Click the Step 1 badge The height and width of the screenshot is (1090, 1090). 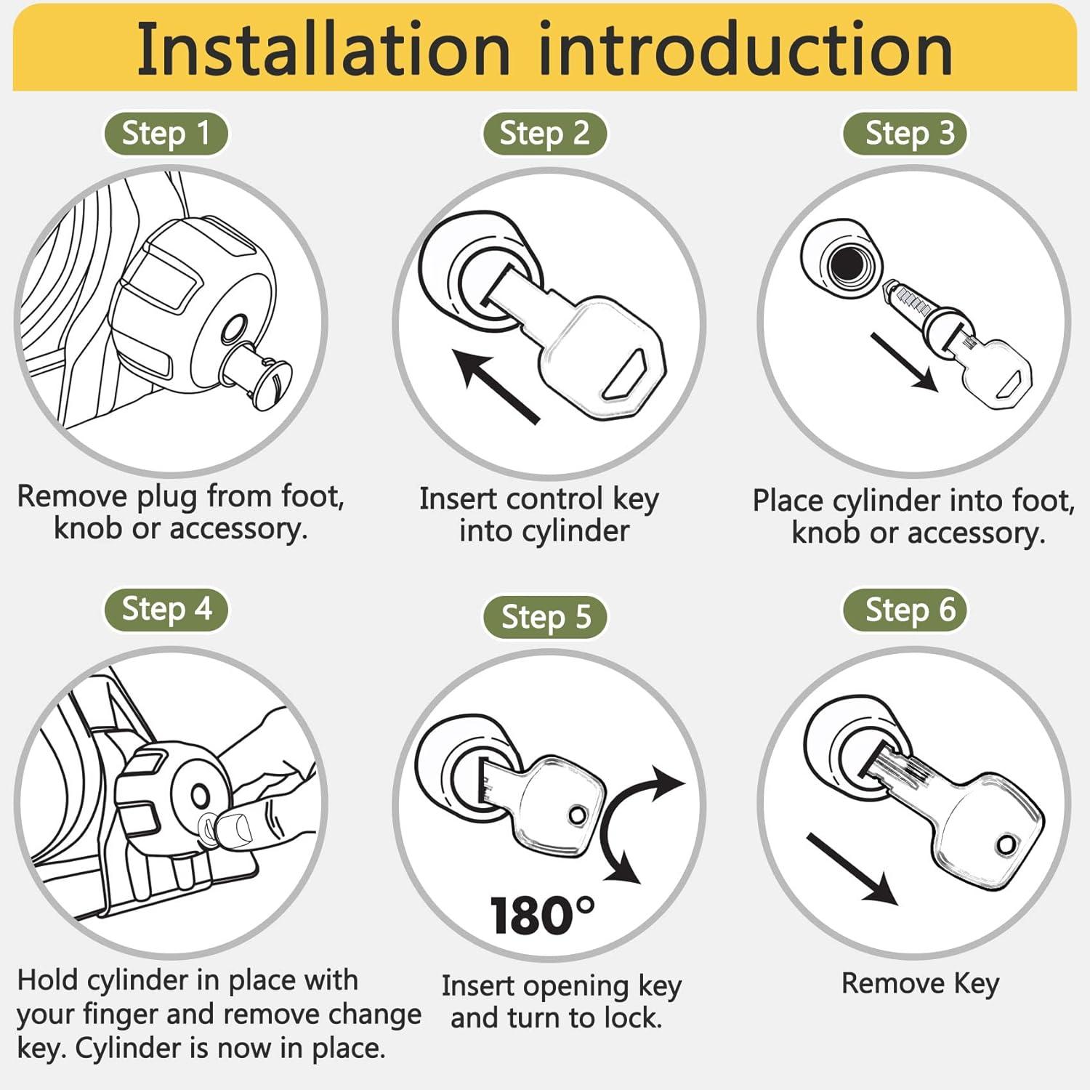[x=166, y=134]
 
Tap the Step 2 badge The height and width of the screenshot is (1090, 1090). [x=544, y=134]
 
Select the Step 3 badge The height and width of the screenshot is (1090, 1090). [x=905, y=134]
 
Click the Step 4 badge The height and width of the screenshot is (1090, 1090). [x=166, y=609]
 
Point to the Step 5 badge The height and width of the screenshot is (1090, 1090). [x=545, y=617]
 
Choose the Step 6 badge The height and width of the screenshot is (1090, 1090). [x=905, y=610]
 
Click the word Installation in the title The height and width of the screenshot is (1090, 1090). [x=324, y=49]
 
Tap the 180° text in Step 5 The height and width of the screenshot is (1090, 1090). [x=542, y=916]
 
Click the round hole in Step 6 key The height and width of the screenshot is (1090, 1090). [x=1006, y=845]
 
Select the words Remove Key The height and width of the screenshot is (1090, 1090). [x=921, y=984]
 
